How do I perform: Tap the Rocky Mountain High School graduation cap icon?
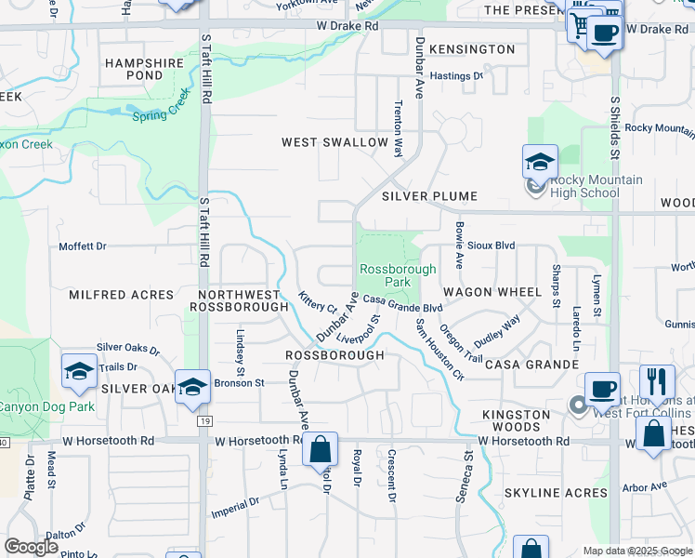coord(539,162)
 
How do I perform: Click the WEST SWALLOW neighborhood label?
coord(335,142)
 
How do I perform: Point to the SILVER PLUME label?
coord(428,196)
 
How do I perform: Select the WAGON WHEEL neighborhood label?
coord(492,292)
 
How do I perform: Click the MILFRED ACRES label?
coord(122,295)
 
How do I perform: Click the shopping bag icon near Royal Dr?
coord(320,450)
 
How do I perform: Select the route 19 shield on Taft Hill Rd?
coord(203,421)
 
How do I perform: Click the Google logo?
coord(31,547)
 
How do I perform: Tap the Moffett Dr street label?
coord(83,246)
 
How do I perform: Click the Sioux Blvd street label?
coord(492,246)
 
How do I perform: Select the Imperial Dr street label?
coord(234,506)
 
